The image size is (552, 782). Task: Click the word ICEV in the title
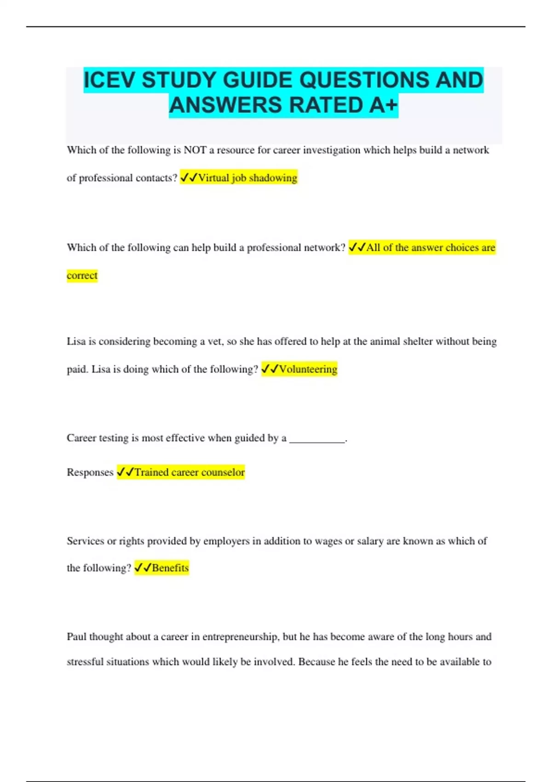(x=110, y=80)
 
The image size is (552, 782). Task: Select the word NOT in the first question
(x=195, y=150)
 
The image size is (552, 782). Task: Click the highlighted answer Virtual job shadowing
(x=247, y=178)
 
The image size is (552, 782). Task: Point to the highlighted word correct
(x=82, y=276)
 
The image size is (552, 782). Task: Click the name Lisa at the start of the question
(x=76, y=341)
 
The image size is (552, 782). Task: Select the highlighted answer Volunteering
(x=308, y=369)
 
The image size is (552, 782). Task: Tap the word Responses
(x=90, y=472)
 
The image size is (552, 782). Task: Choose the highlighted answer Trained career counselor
(x=190, y=472)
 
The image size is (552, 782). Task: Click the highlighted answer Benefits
(x=170, y=568)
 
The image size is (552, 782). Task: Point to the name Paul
(x=76, y=637)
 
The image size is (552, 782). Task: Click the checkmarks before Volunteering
(x=270, y=369)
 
